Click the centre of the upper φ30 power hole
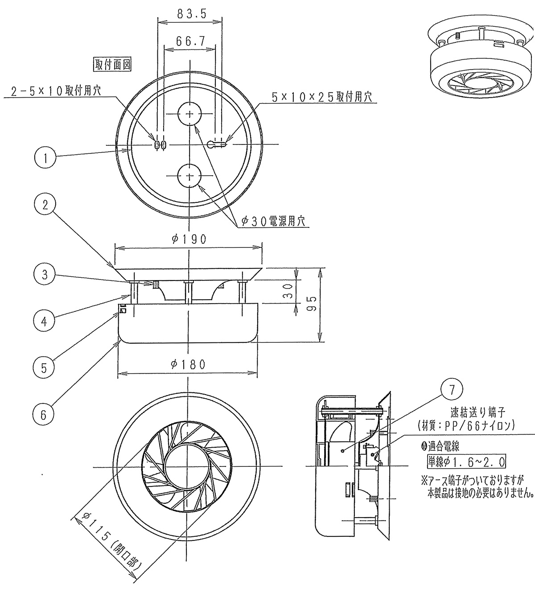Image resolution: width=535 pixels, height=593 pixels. coord(189,114)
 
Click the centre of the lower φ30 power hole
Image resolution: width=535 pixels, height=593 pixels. coord(189,176)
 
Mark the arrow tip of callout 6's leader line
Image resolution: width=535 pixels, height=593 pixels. coord(119,341)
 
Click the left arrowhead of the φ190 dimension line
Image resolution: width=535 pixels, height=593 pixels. coord(119,249)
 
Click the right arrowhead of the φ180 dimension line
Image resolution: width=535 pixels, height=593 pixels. coord(254,374)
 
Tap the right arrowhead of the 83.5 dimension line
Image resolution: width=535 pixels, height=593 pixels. coord(218,21)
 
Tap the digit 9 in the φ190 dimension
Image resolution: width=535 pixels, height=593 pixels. coord(193,239)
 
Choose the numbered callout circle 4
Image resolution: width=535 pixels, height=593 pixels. coord(44,321)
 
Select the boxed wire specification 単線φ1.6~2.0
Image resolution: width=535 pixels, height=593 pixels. coord(466,461)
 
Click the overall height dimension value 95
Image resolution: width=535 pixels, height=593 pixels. coord(312,303)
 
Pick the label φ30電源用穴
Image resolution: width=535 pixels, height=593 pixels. coord(273,221)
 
